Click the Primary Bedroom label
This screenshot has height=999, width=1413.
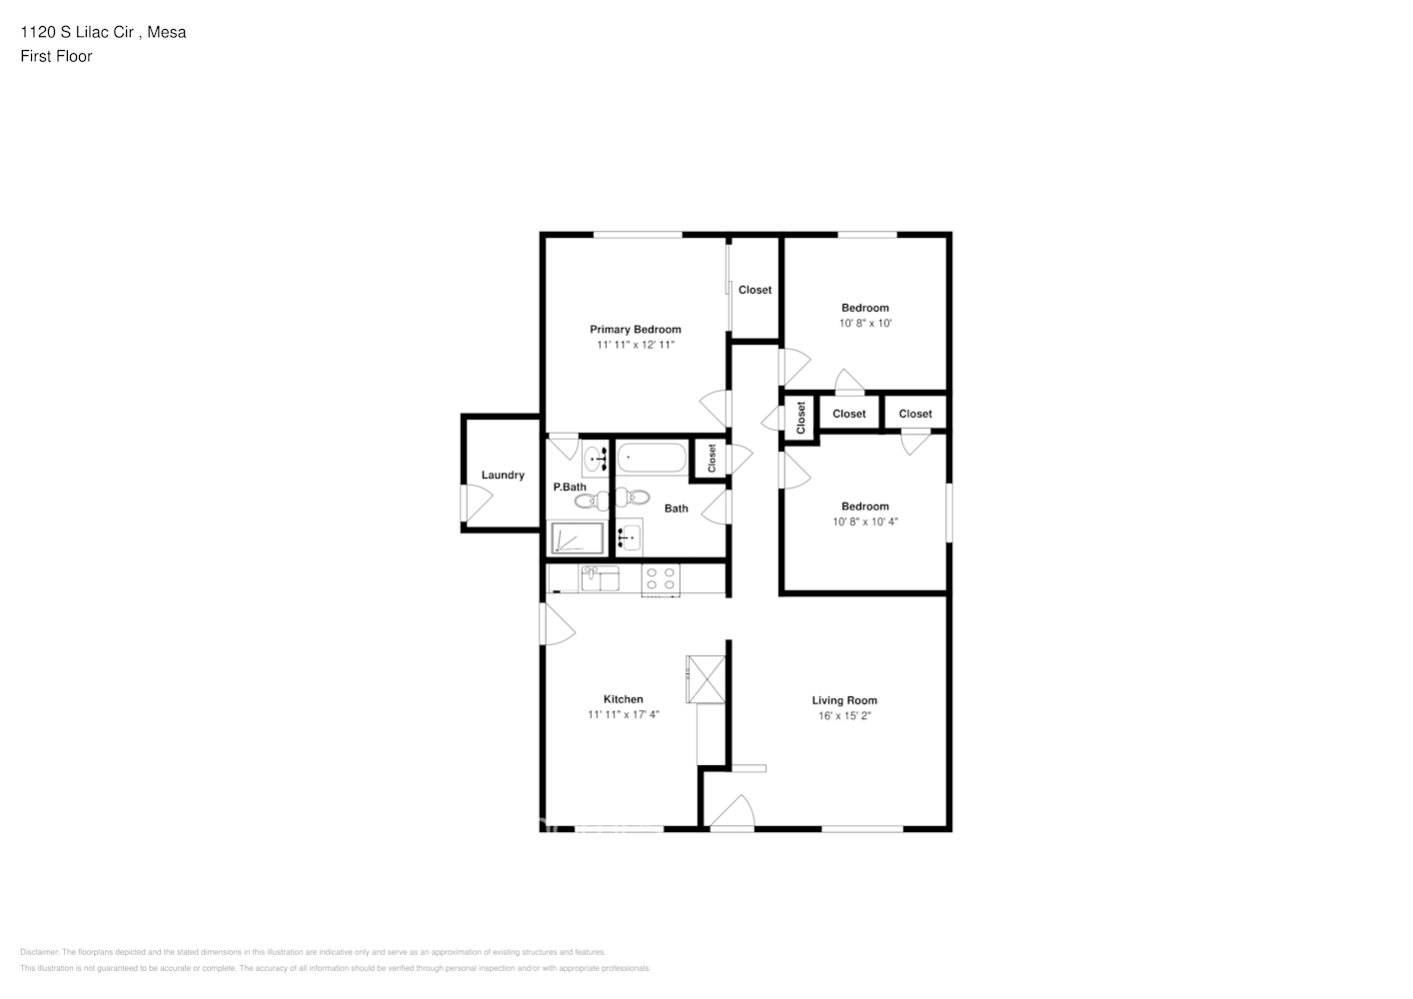(635, 330)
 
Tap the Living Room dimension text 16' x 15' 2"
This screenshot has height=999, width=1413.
(844, 716)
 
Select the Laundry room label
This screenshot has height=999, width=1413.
(503, 476)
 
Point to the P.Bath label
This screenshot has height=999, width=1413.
(570, 488)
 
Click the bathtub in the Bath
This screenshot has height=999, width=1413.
(652, 460)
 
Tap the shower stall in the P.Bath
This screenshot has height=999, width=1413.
(578, 539)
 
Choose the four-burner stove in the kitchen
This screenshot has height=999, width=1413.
(661, 579)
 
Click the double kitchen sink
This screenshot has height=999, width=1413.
(601, 578)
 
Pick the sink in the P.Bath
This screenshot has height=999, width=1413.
(594, 460)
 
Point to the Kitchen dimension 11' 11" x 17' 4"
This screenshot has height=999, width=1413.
(624, 715)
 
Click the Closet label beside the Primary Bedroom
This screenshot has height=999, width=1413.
(754, 291)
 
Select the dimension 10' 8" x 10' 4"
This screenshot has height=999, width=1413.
(864, 521)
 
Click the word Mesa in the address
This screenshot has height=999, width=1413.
(169, 32)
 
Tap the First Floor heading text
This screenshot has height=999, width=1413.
(56, 57)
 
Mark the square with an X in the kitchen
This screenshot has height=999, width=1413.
(706, 678)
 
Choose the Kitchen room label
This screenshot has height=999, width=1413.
(624, 699)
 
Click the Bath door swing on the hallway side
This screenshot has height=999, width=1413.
(715, 509)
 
